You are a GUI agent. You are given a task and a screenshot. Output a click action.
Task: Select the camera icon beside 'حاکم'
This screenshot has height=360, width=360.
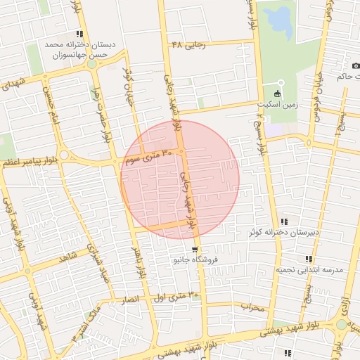[x=356, y=66]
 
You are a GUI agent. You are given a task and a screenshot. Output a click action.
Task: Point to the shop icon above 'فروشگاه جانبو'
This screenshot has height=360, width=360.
[x=194, y=250]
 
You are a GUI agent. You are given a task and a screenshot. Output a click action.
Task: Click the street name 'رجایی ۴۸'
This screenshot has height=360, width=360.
[x=188, y=45]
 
